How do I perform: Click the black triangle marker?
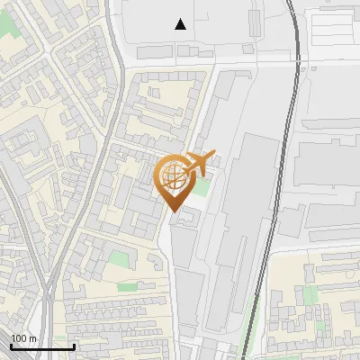[x=181, y=25]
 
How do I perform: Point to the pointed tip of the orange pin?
[x=174, y=211]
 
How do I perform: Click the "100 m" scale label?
[x=23, y=338]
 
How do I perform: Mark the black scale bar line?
[x=42, y=346]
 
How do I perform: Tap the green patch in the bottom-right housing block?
[x=310, y=295]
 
